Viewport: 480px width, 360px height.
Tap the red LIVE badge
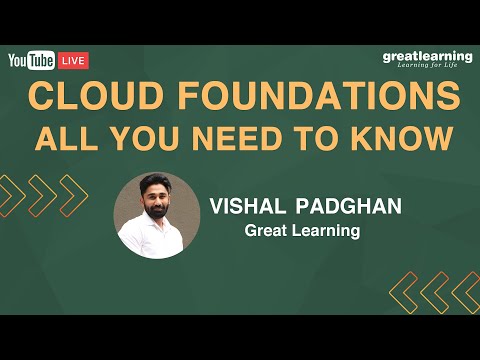[x=74, y=60]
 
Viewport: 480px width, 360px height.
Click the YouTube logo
[x=31, y=60]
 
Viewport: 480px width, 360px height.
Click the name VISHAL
[x=249, y=206]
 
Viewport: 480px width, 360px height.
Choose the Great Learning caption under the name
[x=301, y=230]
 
